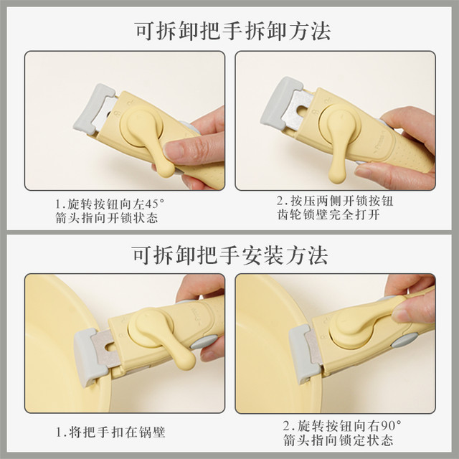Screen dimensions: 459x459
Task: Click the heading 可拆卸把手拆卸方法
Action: (232, 31)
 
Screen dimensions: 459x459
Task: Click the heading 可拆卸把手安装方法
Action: (229, 255)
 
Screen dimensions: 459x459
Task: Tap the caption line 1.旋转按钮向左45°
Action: (110, 204)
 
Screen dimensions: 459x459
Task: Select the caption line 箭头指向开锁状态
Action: (107, 218)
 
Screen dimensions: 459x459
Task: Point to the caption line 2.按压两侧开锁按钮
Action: (335, 201)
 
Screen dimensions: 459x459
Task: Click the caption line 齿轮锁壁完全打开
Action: (328, 215)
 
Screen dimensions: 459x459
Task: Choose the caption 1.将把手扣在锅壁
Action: (110, 432)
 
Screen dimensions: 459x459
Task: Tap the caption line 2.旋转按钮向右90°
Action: (341, 426)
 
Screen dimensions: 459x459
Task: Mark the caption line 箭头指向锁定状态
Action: (338, 440)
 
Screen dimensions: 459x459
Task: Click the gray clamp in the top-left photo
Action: (93, 110)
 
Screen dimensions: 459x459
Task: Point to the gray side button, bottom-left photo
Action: (204, 342)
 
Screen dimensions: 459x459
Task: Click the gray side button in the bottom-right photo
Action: (404, 340)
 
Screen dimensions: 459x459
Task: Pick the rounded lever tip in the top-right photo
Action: (337, 175)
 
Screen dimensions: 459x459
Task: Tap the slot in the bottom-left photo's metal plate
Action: (111, 347)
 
